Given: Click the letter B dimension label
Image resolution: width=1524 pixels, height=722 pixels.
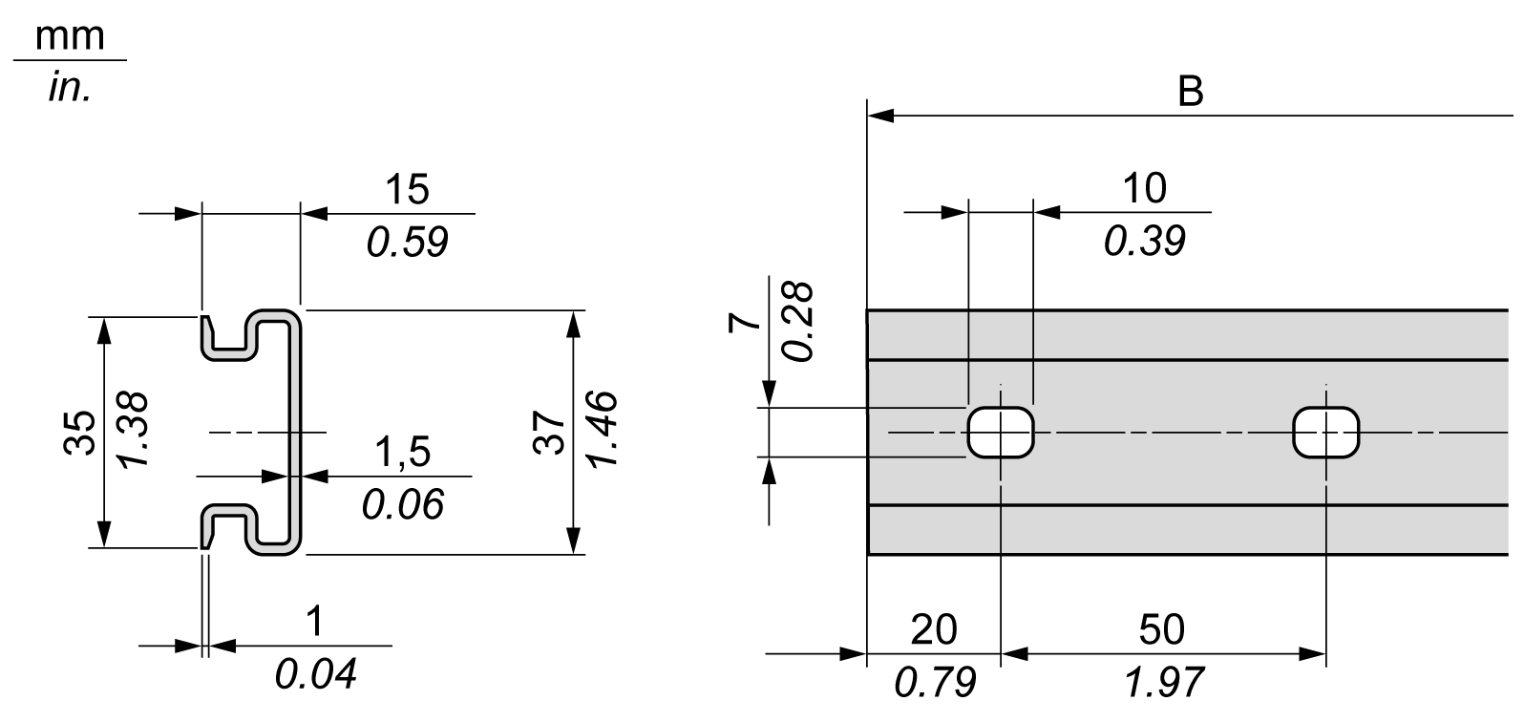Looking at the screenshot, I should point(1190,93).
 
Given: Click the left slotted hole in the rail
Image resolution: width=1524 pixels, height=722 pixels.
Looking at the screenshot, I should point(1001,433).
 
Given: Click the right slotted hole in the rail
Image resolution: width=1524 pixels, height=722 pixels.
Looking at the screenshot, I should point(1325,433).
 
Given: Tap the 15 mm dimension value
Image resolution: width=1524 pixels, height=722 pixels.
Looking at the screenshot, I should point(408,189).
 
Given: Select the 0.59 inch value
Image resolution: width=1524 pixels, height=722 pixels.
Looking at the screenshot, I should point(408,243).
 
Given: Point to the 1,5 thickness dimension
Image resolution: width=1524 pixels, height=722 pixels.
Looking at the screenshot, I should point(402,452).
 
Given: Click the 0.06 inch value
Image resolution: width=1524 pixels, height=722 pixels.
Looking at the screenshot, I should point(402,504).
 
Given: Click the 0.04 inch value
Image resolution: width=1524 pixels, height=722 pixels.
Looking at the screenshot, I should point(316,675).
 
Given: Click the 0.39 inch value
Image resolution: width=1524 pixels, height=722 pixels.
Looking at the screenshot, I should point(1145,242).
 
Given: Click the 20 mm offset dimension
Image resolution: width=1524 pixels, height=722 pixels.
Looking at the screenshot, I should point(934,629).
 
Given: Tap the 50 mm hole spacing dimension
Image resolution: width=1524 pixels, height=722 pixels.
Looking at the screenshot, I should point(1163,629).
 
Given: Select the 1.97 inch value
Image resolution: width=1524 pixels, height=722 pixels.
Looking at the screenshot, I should point(1163,682).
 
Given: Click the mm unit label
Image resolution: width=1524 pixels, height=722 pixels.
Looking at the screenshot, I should point(69,36).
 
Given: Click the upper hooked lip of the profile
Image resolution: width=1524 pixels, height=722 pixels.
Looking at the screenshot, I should point(229,334).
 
